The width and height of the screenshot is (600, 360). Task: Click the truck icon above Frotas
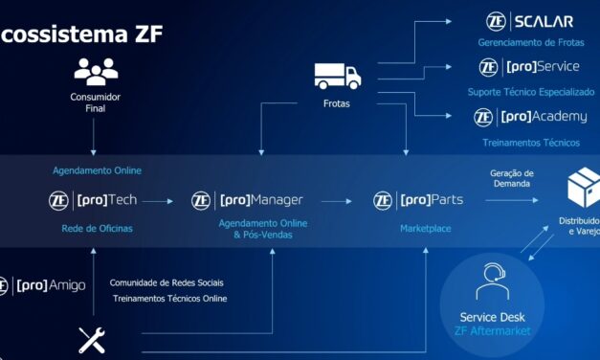tap(338, 75)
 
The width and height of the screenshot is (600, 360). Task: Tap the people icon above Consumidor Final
tap(95, 71)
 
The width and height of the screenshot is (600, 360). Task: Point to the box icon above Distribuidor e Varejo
tap(583, 188)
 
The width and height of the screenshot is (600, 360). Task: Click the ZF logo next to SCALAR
tap(496, 21)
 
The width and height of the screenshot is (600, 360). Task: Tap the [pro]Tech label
tap(106, 200)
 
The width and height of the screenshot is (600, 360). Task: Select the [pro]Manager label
tap(261, 200)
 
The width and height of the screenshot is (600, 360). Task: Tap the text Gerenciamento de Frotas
tap(529, 43)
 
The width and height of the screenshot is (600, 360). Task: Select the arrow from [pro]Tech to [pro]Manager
tap(159, 201)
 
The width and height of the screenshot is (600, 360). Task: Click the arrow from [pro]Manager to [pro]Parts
tap(337, 201)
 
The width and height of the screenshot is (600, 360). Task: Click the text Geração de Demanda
tap(512, 178)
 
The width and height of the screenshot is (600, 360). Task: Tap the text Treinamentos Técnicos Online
tap(170, 299)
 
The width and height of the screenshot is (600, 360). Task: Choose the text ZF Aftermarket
tap(491, 331)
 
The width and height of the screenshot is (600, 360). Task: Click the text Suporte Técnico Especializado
tap(531, 92)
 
